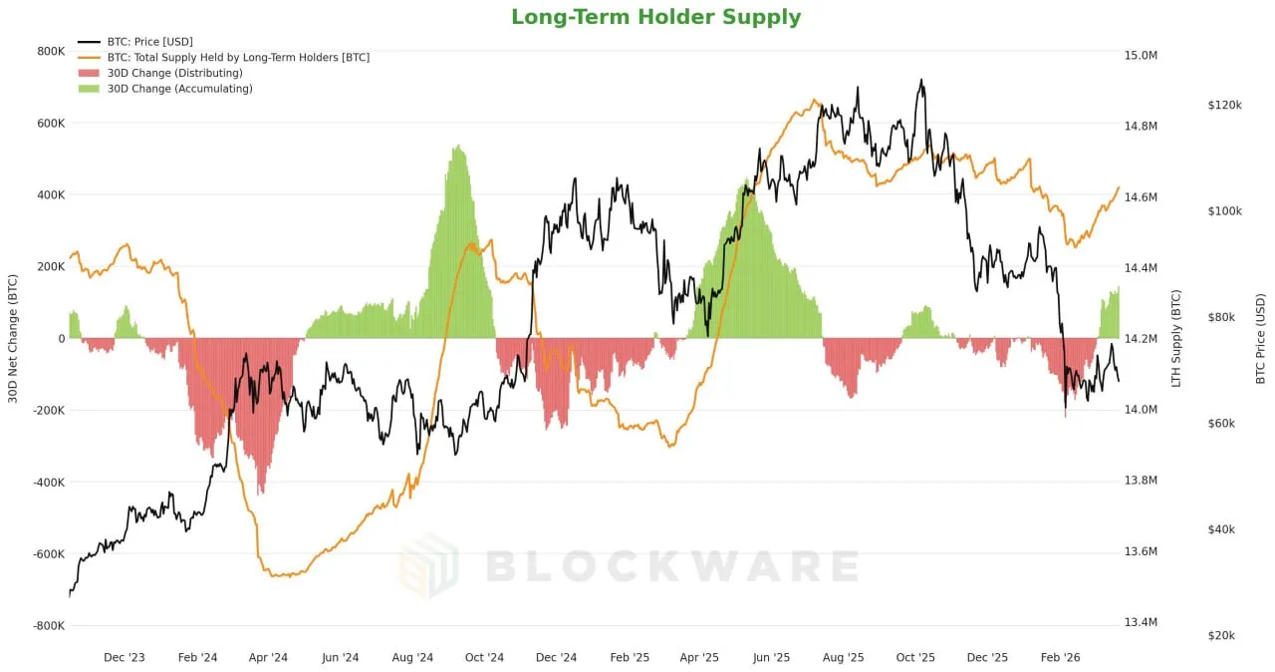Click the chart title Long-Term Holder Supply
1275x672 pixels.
[x=655, y=17]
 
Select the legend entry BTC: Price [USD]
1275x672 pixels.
[x=149, y=42]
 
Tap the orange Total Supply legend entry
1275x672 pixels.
[x=238, y=58]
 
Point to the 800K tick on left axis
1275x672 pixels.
[x=51, y=52]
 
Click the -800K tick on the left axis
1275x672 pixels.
[x=49, y=626]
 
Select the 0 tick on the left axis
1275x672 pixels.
[x=62, y=339]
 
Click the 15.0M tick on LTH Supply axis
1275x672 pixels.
[x=1140, y=56]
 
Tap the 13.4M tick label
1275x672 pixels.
[x=1140, y=623]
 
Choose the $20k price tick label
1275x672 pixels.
[x=1221, y=636]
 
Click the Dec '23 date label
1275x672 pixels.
[x=125, y=658]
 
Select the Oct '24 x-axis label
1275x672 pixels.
[x=484, y=658]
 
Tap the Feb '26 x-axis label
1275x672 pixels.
[x=1060, y=658]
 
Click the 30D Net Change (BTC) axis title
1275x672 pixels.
[x=13, y=339]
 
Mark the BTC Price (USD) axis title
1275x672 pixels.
[x=1260, y=339]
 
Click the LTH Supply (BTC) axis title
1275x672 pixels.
[x=1176, y=339]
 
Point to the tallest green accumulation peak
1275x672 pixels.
[x=457, y=150]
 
